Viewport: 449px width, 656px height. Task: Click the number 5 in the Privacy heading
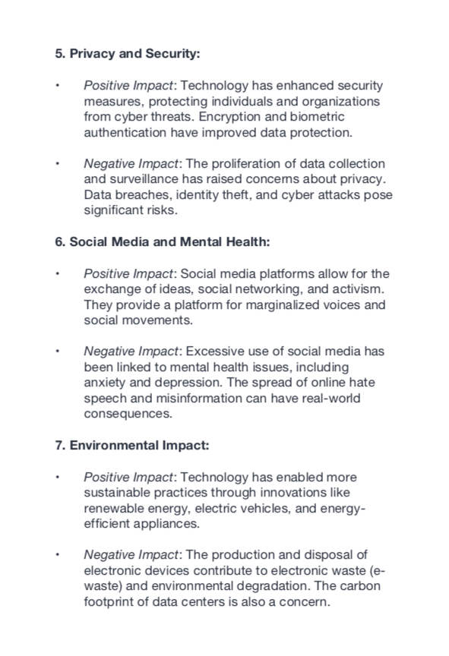(x=58, y=54)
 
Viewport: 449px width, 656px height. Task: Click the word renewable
(x=117, y=509)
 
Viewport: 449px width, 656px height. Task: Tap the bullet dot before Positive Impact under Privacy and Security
(x=56, y=86)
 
